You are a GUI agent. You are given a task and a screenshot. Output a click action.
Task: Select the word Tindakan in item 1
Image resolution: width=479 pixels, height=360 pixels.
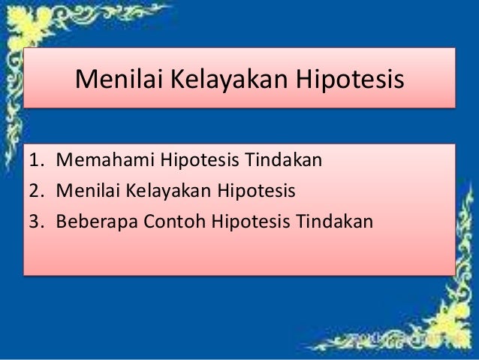point(282,160)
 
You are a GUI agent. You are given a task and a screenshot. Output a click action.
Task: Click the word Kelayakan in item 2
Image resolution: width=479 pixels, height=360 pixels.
point(161,192)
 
